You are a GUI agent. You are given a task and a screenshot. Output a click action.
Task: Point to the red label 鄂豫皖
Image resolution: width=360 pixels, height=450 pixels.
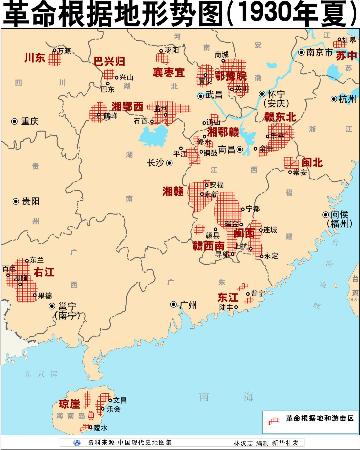[x=230, y=74]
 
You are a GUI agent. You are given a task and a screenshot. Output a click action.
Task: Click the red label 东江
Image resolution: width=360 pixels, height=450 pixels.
[x=227, y=297]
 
